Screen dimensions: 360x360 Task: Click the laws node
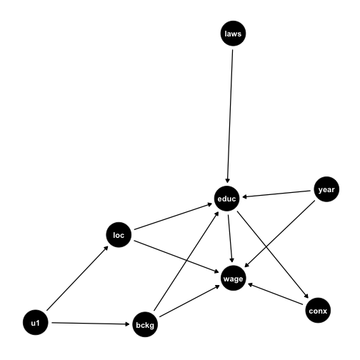233,34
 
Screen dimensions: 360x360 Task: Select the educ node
226,199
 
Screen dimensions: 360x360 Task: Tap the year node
326,189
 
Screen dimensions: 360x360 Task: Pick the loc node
119,235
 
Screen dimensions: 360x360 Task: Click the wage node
233,278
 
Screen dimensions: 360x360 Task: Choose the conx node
318,311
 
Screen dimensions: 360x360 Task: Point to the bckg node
145,324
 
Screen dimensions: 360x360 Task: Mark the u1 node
36,323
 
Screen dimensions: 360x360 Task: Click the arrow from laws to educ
230,116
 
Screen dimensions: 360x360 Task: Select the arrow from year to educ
276,194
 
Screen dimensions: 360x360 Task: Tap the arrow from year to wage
279,234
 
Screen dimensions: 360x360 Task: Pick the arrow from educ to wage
230,239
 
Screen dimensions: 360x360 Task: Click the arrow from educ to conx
273,255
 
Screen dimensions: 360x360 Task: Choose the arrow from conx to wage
276,294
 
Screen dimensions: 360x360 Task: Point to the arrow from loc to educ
173,216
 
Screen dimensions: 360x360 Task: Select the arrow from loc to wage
176,256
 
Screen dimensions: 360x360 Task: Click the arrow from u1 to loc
77,278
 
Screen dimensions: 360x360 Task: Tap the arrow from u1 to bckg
91,324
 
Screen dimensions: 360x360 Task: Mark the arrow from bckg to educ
186,261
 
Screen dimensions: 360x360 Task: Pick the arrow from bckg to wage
189,301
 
